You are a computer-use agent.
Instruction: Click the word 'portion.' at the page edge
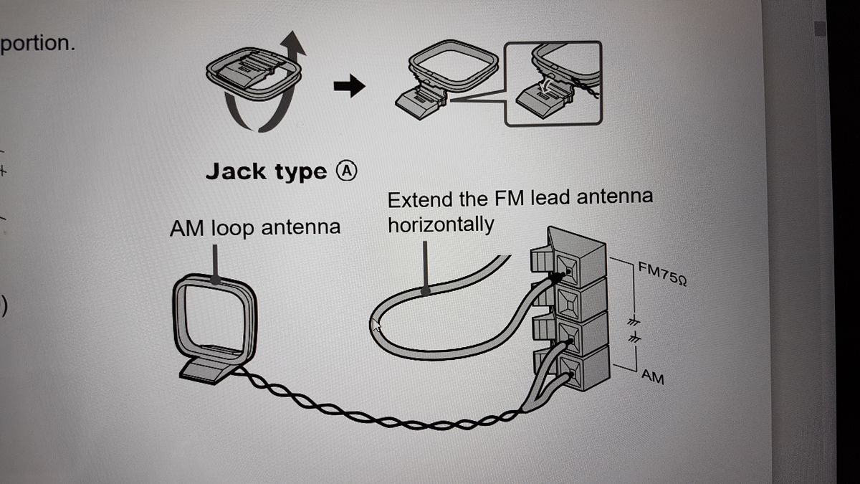(x=37, y=43)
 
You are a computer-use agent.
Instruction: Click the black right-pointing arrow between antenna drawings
(x=349, y=87)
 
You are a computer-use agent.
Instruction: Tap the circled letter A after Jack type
(x=346, y=171)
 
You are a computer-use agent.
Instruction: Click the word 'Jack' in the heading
(x=234, y=171)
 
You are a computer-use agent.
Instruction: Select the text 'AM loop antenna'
(x=254, y=228)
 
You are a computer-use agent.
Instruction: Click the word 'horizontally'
(x=441, y=224)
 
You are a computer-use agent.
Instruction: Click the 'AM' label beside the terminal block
(x=652, y=376)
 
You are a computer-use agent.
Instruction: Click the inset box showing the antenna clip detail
(x=553, y=83)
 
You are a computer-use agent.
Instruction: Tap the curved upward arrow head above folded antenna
(x=295, y=45)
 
